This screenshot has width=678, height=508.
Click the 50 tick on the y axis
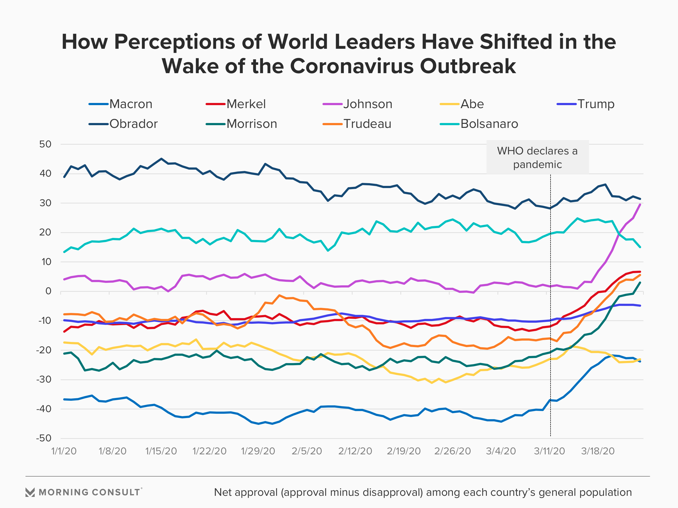click(x=45, y=144)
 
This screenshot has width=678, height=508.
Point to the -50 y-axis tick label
click(x=44, y=438)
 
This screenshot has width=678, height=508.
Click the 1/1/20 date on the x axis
click(x=64, y=451)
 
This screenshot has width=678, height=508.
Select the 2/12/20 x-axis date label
click(x=355, y=451)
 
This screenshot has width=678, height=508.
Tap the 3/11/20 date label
click(x=549, y=451)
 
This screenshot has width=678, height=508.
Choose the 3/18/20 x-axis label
click(x=598, y=451)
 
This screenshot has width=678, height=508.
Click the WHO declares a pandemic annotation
click(x=537, y=157)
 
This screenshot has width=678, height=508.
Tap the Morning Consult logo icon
click(x=30, y=492)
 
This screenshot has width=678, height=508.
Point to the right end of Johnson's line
click(x=640, y=204)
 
